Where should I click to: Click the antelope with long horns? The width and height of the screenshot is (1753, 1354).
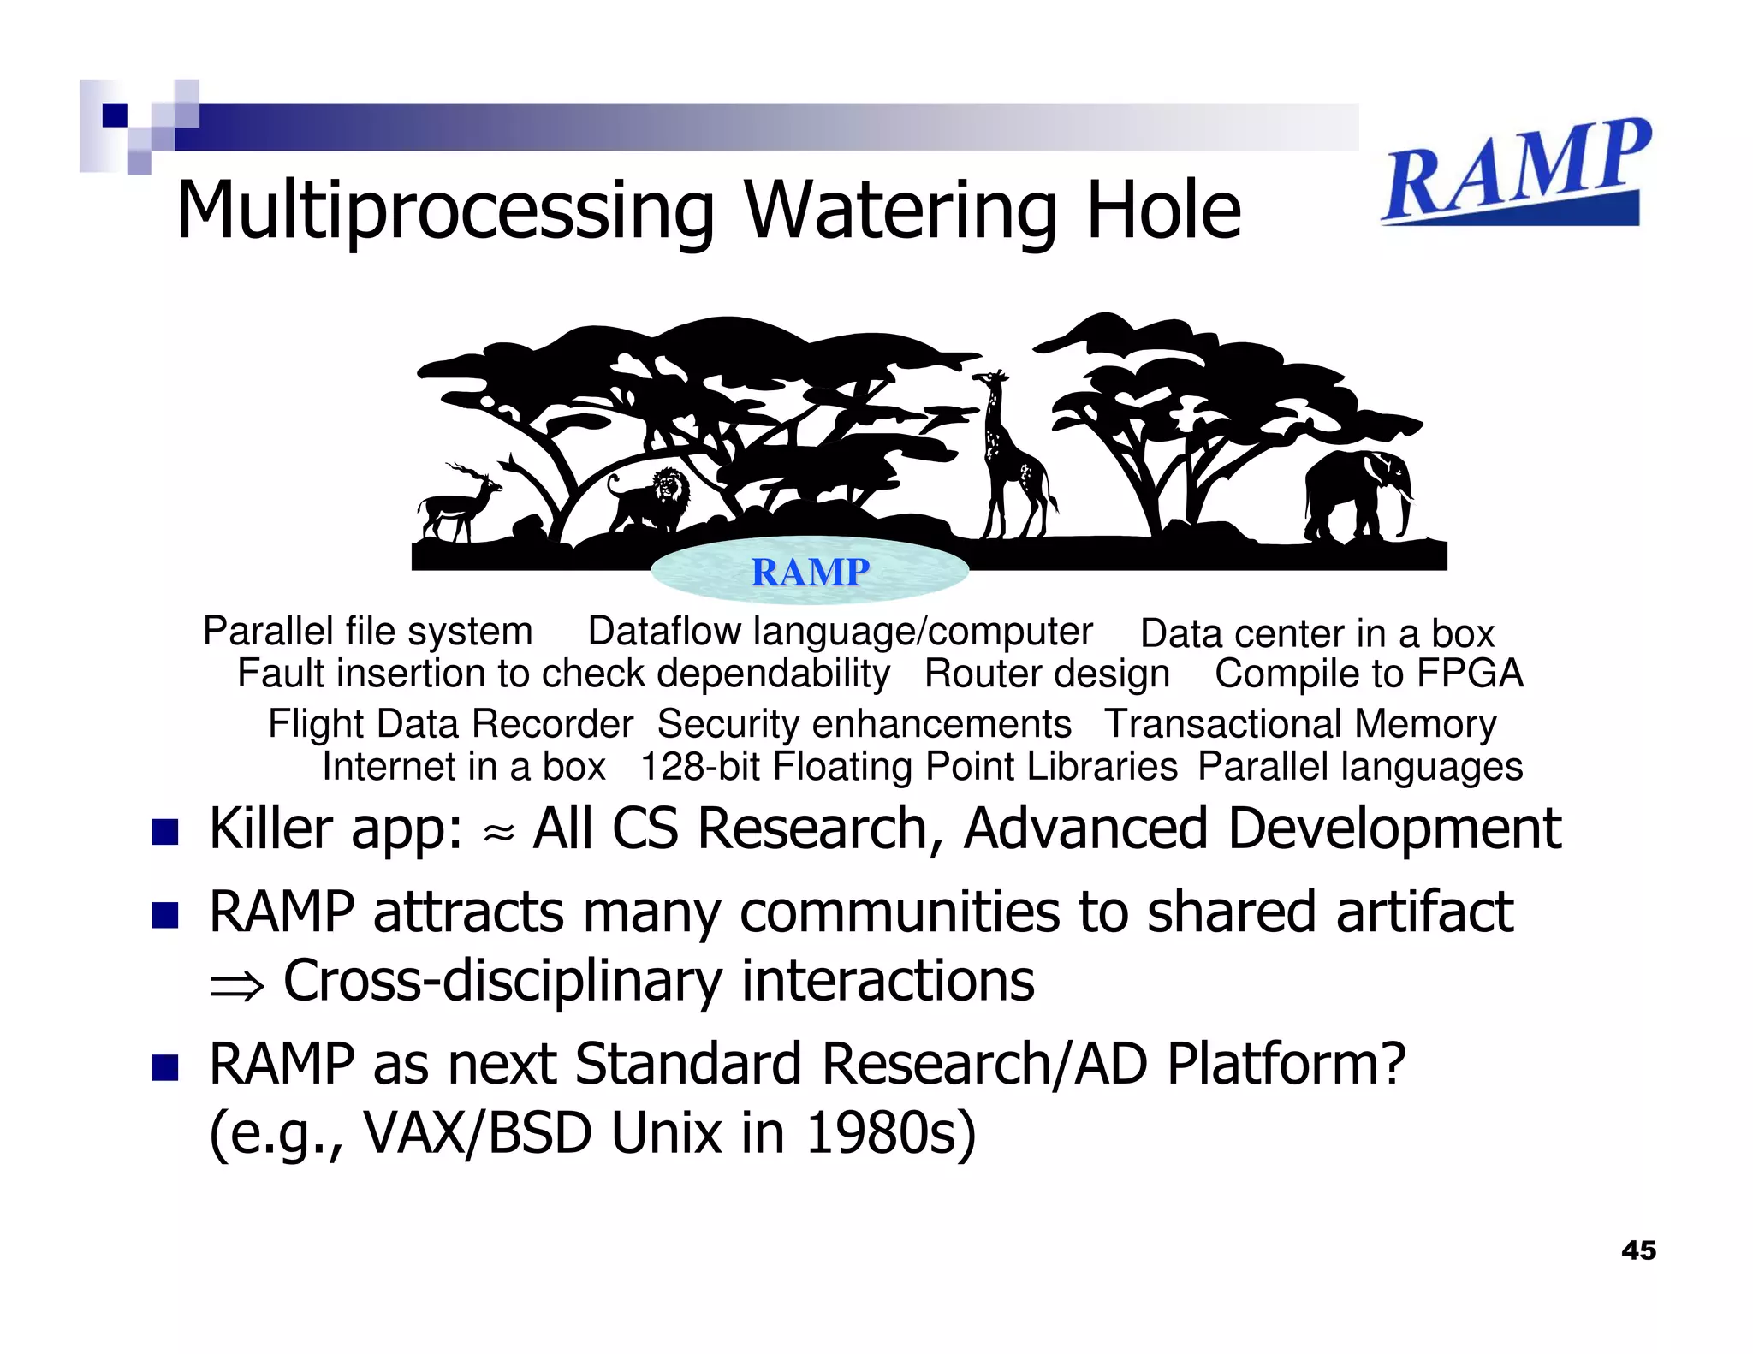point(458,505)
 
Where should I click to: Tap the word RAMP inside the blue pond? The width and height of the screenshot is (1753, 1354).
point(810,572)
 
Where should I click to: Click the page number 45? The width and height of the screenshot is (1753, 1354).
point(1638,1250)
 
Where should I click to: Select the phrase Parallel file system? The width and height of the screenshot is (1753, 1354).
point(367,632)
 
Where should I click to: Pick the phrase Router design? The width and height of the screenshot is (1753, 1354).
point(1046,674)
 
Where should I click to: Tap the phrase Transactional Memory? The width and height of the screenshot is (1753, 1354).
point(1299,724)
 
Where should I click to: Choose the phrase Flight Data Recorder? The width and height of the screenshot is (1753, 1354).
point(450,724)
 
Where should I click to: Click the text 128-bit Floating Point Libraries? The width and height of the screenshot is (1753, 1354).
point(908,767)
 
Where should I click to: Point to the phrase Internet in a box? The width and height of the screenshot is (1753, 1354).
point(463,767)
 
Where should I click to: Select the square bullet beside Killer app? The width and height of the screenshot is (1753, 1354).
point(164,832)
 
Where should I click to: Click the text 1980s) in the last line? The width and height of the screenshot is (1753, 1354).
point(890,1133)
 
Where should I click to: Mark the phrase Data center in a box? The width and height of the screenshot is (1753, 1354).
point(1316,634)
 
